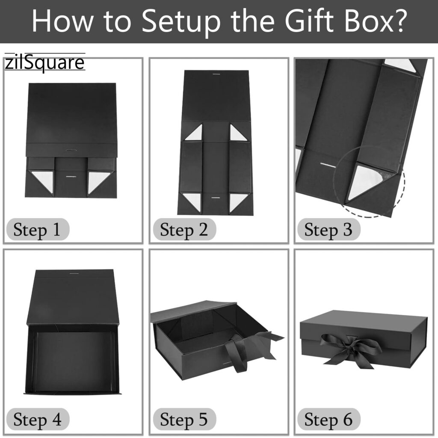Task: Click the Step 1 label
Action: (x=37, y=231)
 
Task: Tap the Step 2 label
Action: (x=184, y=231)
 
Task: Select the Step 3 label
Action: (x=328, y=231)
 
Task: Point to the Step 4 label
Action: (x=37, y=420)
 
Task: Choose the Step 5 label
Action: (x=184, y=420)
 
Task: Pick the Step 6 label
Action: (x=328, y=420)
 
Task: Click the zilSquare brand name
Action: (x=44, y=63)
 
